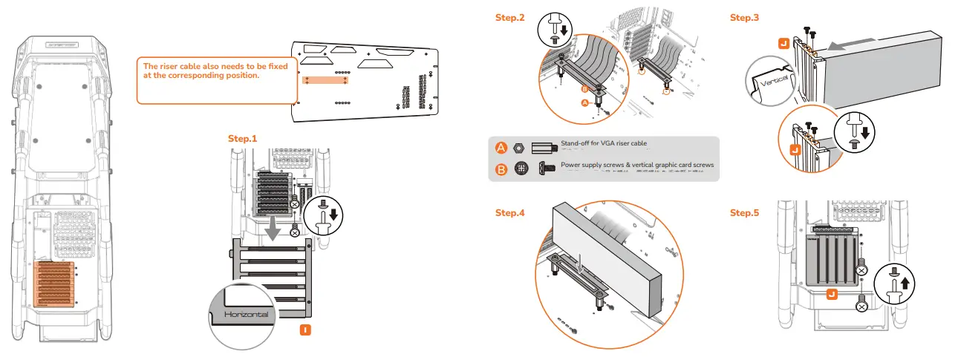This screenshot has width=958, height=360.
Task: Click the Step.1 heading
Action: point(242,139)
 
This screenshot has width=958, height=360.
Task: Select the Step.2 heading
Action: point(510,17)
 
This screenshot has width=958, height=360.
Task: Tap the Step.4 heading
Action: point(510,213)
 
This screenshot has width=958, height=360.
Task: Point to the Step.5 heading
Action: point(745,213)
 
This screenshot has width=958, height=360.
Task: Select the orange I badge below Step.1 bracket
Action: point(304,330)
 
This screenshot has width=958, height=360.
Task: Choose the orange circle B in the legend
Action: point(501,169)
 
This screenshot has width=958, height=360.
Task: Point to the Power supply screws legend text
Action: point(637,165)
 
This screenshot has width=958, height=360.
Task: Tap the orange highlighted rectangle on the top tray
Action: point(328,80)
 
